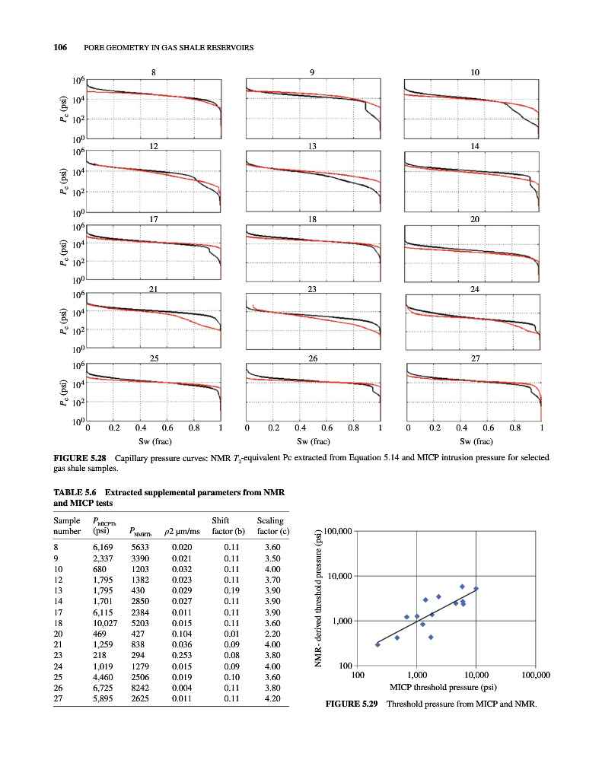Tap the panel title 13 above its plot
(x=314, y=145)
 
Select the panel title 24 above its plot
(x=473, y=289)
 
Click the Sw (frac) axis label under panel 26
(x=313, y=441)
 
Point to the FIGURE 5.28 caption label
(x=79, y=458)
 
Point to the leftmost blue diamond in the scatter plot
(x=377, y=644)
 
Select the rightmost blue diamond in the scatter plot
(x=476, y=589)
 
